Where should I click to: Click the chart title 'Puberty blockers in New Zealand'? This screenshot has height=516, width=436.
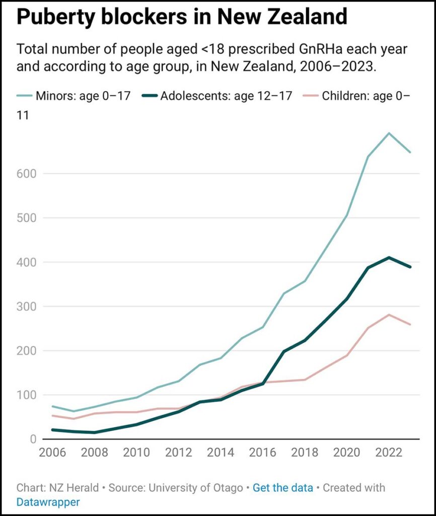click(182, 17)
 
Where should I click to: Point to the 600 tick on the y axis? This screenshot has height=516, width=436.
click(27, 173)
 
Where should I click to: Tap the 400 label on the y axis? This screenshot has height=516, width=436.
click(27, 262)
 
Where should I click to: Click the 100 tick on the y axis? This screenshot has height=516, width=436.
click(27, 395)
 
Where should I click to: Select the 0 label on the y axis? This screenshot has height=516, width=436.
click(33, 439)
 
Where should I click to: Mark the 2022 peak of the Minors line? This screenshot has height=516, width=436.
click(389, 133)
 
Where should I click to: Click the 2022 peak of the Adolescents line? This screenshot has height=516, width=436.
click(389, 257)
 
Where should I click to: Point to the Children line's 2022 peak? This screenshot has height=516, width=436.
click(389, 314)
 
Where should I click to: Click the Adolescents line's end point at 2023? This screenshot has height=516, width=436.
click(410, 267)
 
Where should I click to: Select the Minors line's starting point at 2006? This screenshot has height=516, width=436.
click(52, 406)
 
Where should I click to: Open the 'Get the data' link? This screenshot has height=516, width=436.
click(282, 488)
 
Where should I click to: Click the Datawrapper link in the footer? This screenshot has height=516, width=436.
click(48, 502)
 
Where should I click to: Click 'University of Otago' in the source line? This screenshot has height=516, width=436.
click(201, 488)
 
